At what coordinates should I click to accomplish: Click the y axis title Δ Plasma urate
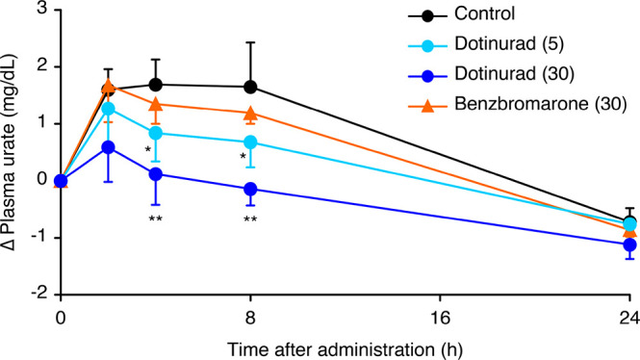click(13, 150)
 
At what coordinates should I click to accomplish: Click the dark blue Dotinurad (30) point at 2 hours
click(109, 147)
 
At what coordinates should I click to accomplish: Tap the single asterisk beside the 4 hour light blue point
click(147, 149)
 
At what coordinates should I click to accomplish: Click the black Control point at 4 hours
click(156, 85)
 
